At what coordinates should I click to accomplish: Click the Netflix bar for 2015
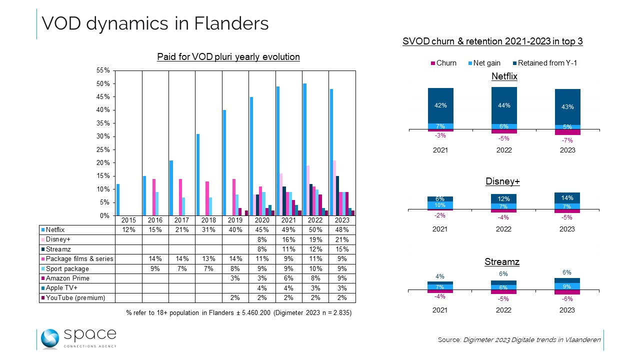118,200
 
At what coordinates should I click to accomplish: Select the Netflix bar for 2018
197,175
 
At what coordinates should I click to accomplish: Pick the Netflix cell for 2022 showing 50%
315,230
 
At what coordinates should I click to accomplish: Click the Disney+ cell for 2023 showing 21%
341,239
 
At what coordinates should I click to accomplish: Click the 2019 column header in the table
235,220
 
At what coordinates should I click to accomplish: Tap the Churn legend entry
443,63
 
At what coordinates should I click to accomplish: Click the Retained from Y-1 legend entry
548,63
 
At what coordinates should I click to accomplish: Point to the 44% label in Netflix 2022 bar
503,105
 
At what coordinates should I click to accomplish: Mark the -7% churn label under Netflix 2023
567,141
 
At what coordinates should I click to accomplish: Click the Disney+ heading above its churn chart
503,181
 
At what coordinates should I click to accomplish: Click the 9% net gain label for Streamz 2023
567,287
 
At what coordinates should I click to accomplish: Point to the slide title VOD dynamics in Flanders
155,23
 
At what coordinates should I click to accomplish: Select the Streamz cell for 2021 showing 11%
288,249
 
